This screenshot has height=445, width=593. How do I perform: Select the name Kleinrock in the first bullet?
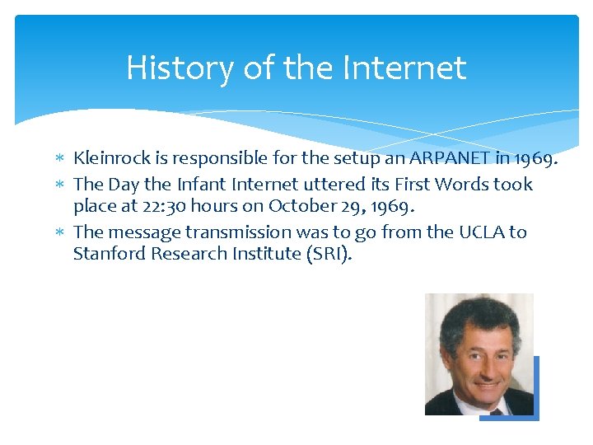tap(111, 157)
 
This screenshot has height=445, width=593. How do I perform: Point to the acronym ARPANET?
tap(429, 157)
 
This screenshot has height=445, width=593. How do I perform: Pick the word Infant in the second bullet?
tap(203, 184)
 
